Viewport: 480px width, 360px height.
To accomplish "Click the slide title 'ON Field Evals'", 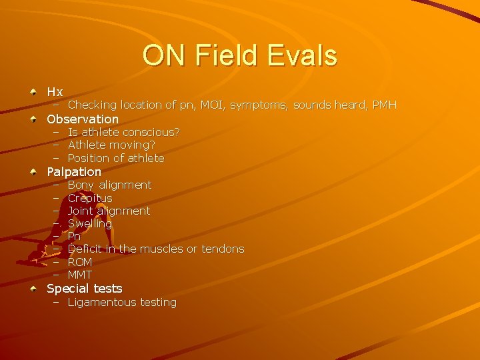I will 239,56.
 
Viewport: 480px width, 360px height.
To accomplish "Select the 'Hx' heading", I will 55,92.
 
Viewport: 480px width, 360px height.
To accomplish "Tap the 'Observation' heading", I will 83,119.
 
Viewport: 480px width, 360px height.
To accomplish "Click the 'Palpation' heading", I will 74,172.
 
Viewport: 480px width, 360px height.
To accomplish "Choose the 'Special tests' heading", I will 85,289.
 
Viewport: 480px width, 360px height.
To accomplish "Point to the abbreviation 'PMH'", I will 384,105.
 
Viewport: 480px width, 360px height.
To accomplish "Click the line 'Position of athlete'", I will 116,159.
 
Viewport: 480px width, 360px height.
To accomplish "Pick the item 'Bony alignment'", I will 109,185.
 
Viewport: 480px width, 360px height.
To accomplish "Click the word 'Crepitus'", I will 90,199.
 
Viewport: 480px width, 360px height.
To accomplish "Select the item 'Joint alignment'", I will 109,211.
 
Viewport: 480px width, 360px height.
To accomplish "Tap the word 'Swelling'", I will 90,224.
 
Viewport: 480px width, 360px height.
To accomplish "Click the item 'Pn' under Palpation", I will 74,237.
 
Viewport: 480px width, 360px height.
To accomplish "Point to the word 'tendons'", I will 223,249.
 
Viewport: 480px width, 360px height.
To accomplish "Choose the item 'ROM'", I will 80,263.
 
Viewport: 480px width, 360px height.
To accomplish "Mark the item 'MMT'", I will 80,275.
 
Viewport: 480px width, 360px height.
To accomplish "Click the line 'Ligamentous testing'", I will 122,303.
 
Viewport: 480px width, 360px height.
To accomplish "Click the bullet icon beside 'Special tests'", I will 33,289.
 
